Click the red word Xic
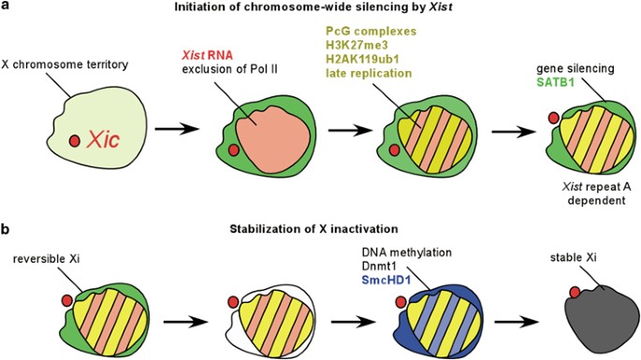coord(103,140)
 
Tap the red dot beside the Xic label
coord(75,141)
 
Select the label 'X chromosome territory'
coord(65,65)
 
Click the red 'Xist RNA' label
coord(207,55)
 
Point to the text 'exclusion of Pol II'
coord(230,69)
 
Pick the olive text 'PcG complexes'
coord(371,32)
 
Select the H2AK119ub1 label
coord(362,59)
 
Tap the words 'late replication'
coord(369,73)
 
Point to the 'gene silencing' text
coord(575,68)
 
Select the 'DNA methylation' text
coord(407,252)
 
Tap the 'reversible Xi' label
coord(46,259)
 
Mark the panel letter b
coord(5,229)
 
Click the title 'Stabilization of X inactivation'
coord(314,229)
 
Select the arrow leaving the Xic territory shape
coord(178,129)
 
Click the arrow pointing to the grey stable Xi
coord(517,321)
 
